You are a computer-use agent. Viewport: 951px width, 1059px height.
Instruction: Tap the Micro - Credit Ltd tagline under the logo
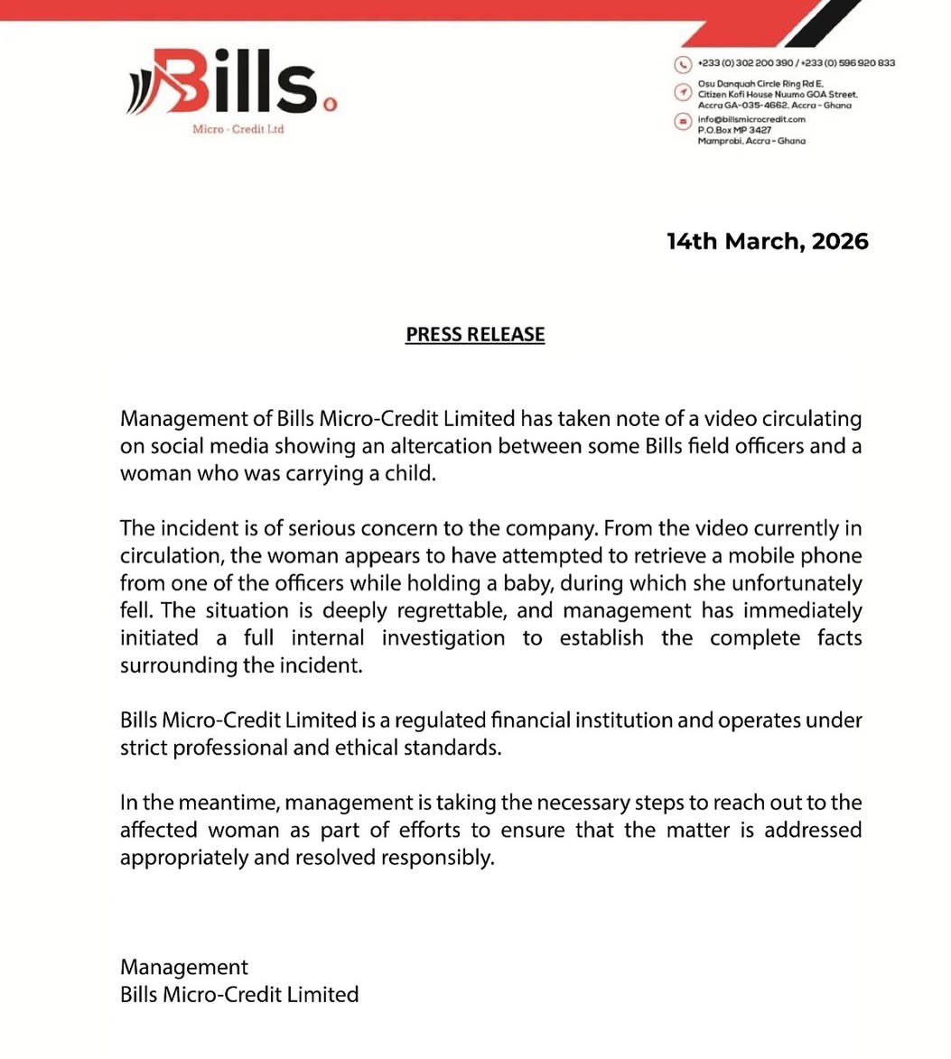coord(238,129)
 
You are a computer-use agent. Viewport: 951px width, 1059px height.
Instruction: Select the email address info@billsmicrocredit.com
coord(751,119)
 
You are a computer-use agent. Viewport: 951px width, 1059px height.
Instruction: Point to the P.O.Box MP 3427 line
coord(735,130)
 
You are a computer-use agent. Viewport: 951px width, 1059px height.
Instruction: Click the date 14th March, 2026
coord(768,241)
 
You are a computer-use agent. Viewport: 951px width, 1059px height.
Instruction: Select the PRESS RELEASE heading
coord(475,334)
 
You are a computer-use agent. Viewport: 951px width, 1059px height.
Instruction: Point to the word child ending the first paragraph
coord(410,473)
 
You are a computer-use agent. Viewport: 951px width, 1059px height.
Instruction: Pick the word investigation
coord(443,638)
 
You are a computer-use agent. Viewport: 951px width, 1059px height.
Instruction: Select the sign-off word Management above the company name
coord(184,967)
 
